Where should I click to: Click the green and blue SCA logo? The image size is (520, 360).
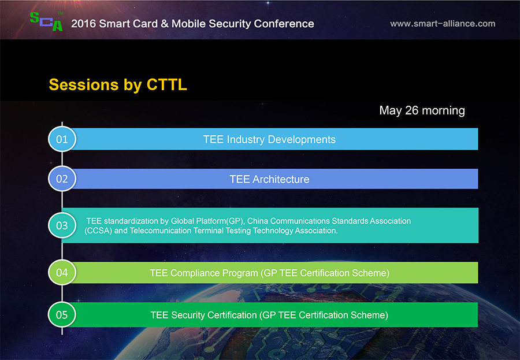coord(46,21)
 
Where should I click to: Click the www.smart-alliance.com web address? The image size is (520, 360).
coord(443,24)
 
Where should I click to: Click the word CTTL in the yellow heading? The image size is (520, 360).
coord(167,84)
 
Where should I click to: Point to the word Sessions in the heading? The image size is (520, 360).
coord(84,84)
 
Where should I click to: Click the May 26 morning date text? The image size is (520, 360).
coord(422,110)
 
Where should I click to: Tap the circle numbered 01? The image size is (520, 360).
coord(62,139)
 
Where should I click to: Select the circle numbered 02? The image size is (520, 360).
coord(62,179)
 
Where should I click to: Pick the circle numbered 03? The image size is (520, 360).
coord(62,225)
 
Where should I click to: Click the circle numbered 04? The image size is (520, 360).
coord(62,272)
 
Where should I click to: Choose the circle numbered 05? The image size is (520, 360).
coord(62,314)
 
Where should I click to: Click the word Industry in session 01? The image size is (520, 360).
coord(246,140)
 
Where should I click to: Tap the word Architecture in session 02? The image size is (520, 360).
coord(281,179)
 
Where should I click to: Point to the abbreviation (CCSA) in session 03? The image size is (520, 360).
coord(98,231)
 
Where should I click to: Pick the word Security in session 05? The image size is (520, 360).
coord(187,315)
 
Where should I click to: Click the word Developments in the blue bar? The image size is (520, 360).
coord(302,140)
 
